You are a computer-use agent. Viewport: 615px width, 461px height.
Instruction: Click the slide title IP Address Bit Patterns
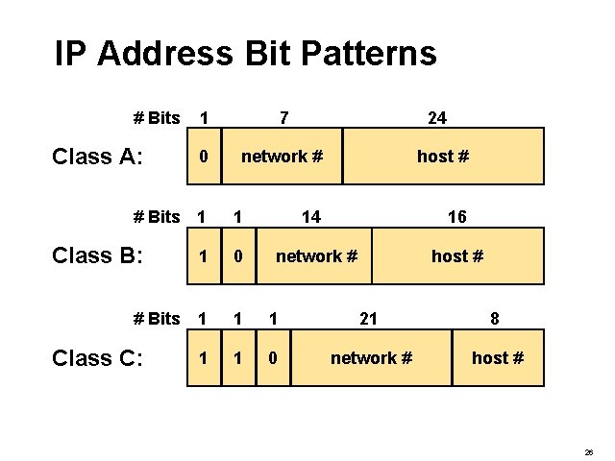pyautogui.click(x=245, y=53)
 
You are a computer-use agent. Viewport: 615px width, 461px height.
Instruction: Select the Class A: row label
pyautogui.click(x=97, y=157)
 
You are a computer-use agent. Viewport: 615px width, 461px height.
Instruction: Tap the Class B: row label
pyautogui.click(x=97, y=255)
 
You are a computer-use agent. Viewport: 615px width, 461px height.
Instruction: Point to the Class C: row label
pyautogui.click(x=97, y=358)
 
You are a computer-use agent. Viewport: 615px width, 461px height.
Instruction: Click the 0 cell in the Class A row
pyautogui.click(x=203, y=156)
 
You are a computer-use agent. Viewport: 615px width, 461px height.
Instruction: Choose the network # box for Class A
pyautogui.click(x=282, y=156)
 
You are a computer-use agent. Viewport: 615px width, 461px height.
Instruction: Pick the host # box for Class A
pyautogui.click(x=443, y=156)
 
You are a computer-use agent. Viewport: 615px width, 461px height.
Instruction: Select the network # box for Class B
pyautogui.click(x=316, y=256)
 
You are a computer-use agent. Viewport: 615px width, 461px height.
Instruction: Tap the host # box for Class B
pyautogui.click(x=457, y=256)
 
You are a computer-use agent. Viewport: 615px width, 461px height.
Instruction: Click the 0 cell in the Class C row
pyautogui.click(x=274, y=358)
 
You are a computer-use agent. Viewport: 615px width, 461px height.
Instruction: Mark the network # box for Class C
pyautogui.click(x=371, y=358)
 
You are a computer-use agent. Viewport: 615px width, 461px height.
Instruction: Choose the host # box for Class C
pyautogui.click(x=498, y=358)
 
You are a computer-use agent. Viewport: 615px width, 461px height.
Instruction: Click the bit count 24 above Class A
pyautogui.click(x=436, y=118)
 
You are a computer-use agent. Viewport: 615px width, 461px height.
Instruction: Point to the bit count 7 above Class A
pyautogui.click(x=283, y=118)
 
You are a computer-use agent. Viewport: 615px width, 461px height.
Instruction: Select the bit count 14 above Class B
pyautogui.click(x=311, y=217)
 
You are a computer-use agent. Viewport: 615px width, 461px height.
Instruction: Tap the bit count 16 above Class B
pyautogui.click(x=457, y=217)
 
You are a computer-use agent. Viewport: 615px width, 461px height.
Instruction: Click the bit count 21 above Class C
pyautogui.click(x=367, y=319)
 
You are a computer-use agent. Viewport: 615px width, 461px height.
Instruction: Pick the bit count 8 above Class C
pyautogui.click(x=494, y=319)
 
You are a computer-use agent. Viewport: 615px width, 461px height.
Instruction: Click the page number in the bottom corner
pyautogui.click(x=588, y=450)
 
